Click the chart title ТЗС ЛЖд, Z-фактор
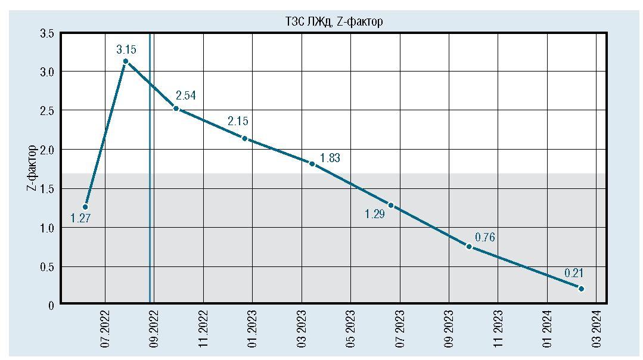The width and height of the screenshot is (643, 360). (333, 22)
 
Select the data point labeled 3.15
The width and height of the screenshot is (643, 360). (126, 61)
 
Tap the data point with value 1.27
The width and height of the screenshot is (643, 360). (85, 207)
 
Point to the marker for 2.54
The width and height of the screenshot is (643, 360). (176, 108)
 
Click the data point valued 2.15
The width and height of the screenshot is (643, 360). (244, 138)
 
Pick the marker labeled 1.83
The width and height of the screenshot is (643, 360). (312, 164)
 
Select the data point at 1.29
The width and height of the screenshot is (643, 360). (391, 205)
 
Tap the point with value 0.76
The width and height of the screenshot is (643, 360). (469, 246)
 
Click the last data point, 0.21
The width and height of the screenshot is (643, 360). (581, 289)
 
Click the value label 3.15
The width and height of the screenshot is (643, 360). (127, 49)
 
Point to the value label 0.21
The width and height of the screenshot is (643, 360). (574, 274)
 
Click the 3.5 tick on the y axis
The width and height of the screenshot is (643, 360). (47, 34)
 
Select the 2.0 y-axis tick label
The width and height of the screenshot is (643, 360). (47, 150)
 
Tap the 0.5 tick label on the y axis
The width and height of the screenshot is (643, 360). (47, 267)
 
